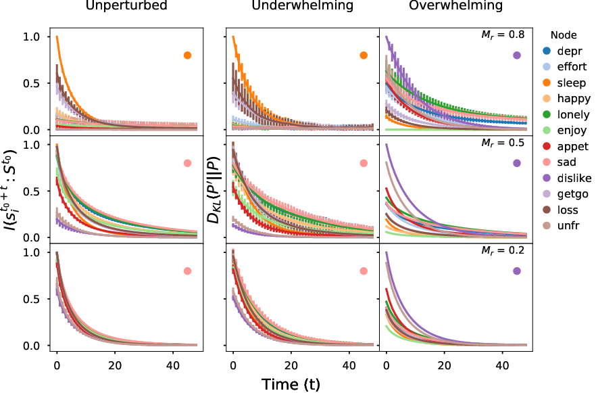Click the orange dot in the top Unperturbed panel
pyautogui.click(x=187, y=55)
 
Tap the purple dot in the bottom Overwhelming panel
pyautogui.click(x=517, y=271)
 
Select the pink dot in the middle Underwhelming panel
pyautogui.click(x=364, y=163)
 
